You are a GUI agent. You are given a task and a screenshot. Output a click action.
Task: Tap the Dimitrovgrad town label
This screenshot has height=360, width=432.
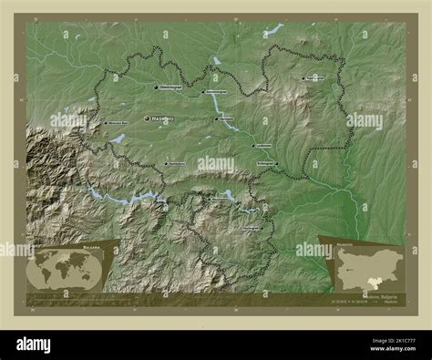point(170,87)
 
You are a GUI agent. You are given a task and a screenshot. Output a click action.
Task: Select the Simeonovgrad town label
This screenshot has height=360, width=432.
point(215,92)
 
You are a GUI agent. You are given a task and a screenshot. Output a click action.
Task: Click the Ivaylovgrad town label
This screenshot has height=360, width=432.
point(256,229)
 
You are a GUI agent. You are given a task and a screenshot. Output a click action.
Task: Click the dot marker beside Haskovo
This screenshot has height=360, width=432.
point(148,119)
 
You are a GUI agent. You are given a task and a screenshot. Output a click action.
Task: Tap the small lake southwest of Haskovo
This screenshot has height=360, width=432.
point(118,139)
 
